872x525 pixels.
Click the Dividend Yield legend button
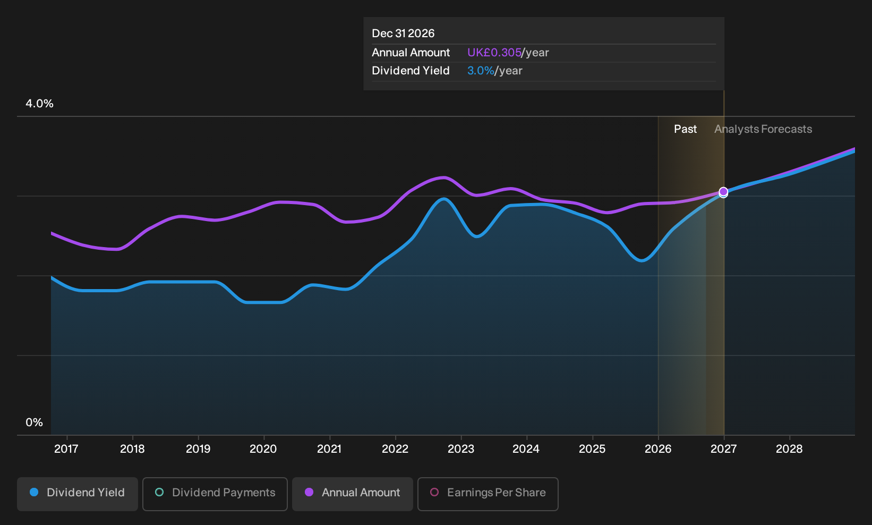78,494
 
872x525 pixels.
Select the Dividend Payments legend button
215,494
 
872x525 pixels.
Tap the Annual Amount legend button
352,494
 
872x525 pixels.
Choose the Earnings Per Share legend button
488,494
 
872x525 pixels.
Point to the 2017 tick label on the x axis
66,449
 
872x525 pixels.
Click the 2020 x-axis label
263,449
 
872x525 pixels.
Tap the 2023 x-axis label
461,449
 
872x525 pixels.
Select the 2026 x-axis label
659,449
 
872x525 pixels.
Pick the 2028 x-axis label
789,449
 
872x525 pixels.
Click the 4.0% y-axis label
39,104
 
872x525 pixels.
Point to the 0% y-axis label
35,422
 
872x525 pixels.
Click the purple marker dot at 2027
723,192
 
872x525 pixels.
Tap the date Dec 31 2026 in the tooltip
403,33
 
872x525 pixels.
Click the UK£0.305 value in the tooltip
494,53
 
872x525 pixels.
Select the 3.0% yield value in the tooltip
481,71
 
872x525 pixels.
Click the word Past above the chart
685,129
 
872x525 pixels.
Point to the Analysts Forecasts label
763,129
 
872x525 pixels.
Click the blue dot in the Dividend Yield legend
35,492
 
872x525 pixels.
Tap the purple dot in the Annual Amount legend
309,492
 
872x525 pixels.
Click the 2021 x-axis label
329,449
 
